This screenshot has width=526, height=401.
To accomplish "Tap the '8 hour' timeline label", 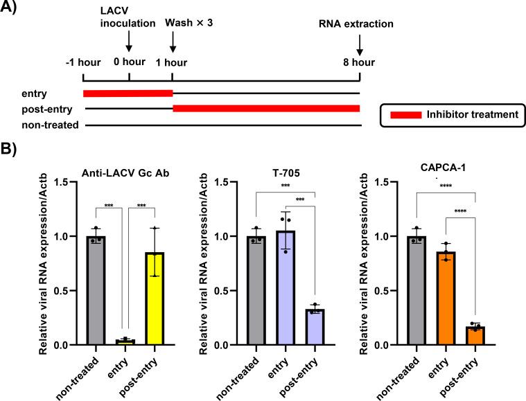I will coord(360,62).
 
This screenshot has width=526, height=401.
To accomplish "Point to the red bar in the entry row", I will coord(128,93).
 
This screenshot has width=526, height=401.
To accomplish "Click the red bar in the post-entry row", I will coord(266,108).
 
